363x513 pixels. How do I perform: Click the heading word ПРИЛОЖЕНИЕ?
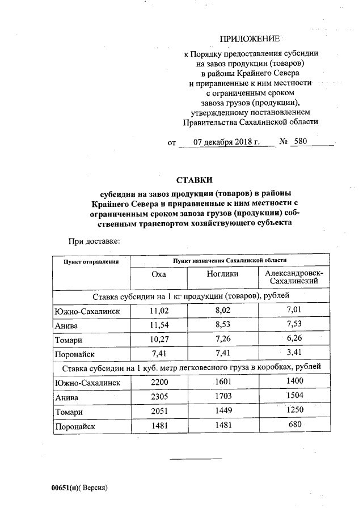tap(250, 39)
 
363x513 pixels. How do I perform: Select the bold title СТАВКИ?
tap(194, 180)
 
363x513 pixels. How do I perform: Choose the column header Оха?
tap(159, 274)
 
